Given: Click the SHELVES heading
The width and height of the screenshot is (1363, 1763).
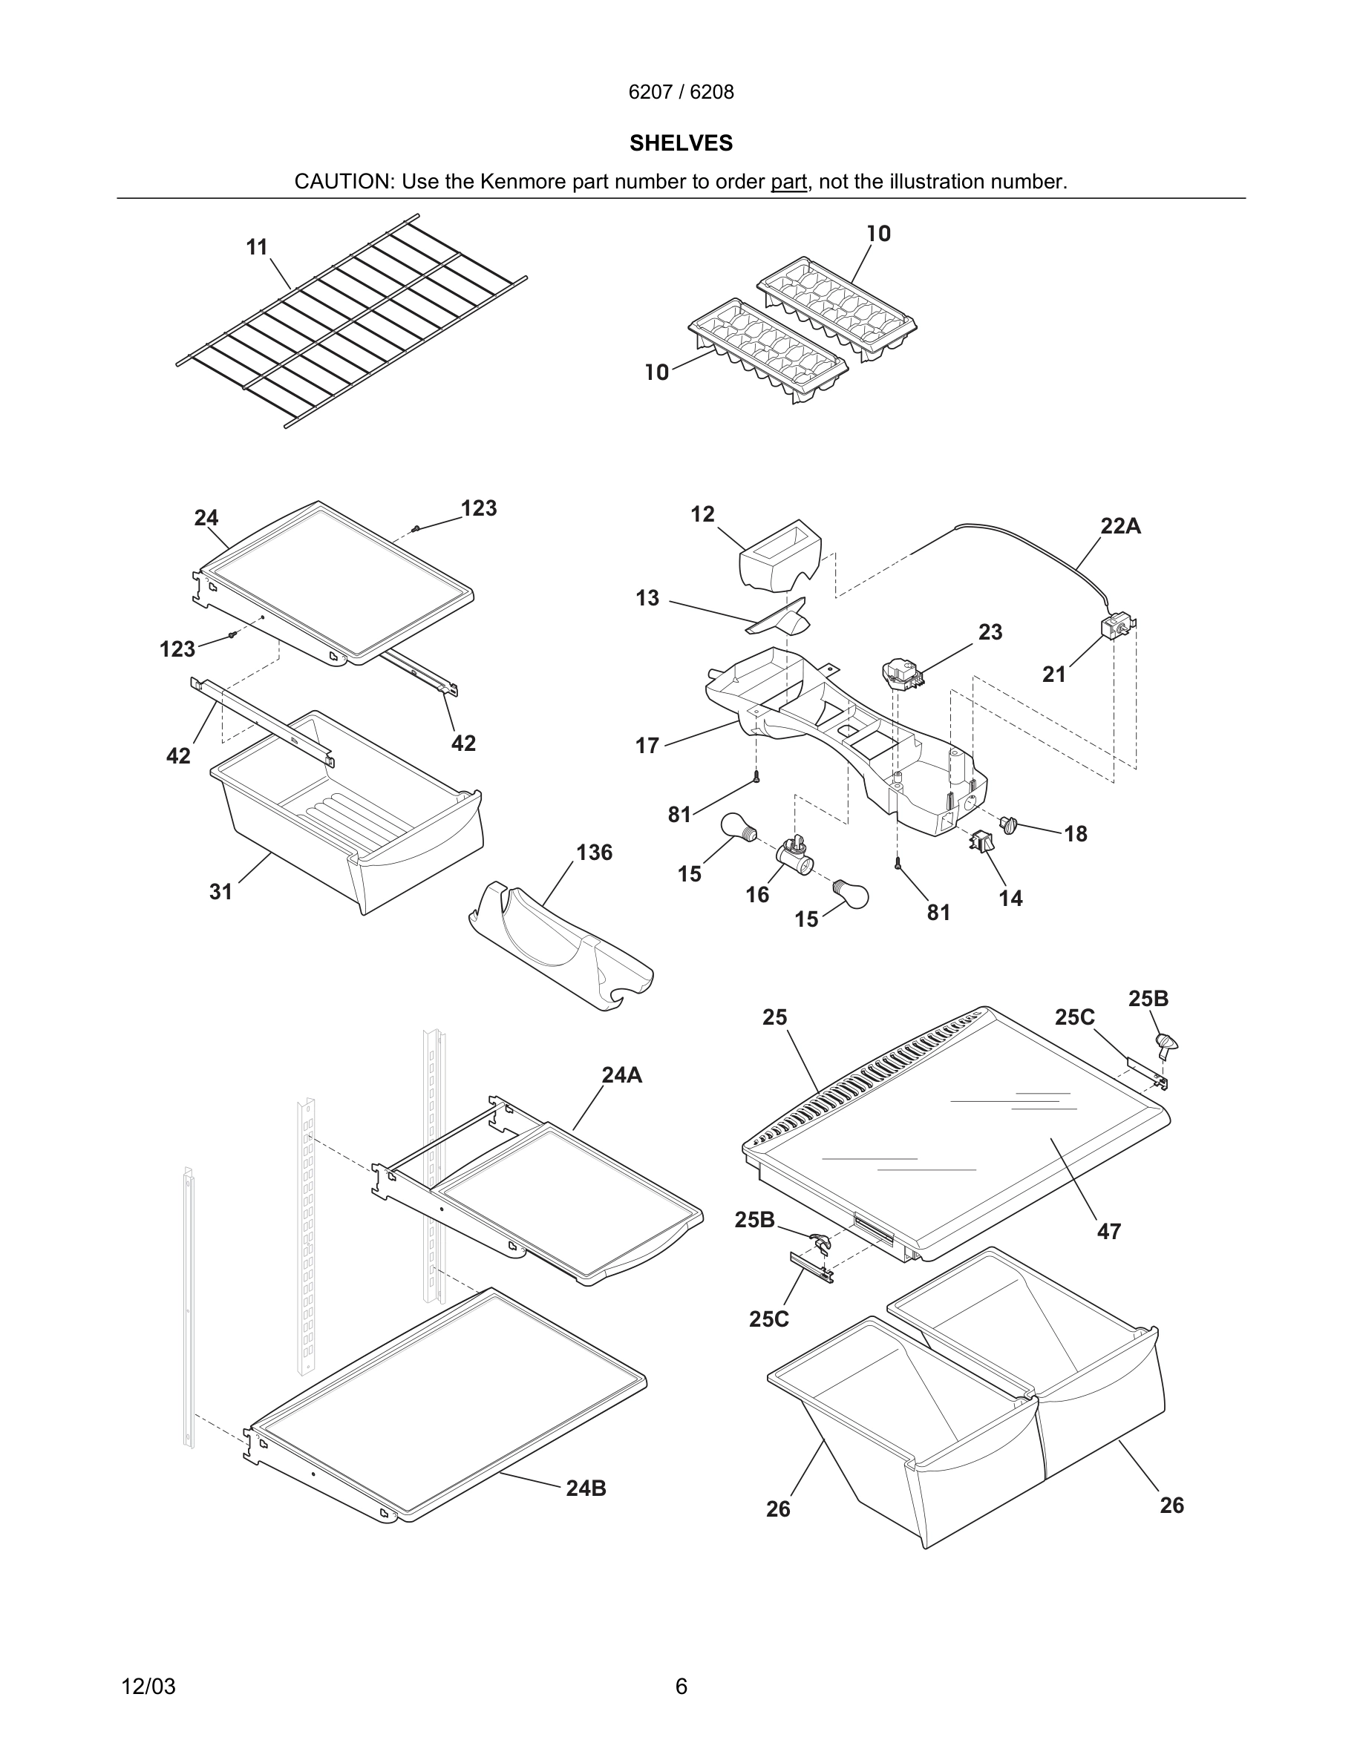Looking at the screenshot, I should [681, 143].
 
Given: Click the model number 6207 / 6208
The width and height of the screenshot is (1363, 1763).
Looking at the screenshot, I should [681, 92].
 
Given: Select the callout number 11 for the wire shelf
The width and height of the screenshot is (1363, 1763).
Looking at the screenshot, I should [257, 247].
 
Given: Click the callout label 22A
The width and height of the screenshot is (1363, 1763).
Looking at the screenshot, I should [1120, 526].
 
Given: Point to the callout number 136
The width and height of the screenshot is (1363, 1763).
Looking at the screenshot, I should [593, 853].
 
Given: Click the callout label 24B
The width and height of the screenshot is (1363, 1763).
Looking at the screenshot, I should [586, 1488].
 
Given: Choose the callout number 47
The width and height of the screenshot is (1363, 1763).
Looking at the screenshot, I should [1108, 1232].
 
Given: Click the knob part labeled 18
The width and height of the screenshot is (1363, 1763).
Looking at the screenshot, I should [1007, 824].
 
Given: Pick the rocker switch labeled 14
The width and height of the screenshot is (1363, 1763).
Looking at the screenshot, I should [981, 841].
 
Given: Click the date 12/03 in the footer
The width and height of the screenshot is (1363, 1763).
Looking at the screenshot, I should [148, 1687].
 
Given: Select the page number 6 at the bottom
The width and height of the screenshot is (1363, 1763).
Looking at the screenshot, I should [681, 1687].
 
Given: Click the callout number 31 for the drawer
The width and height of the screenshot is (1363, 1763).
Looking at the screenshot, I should [220, 892].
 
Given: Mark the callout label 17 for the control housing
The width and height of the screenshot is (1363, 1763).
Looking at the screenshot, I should [647, 746].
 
